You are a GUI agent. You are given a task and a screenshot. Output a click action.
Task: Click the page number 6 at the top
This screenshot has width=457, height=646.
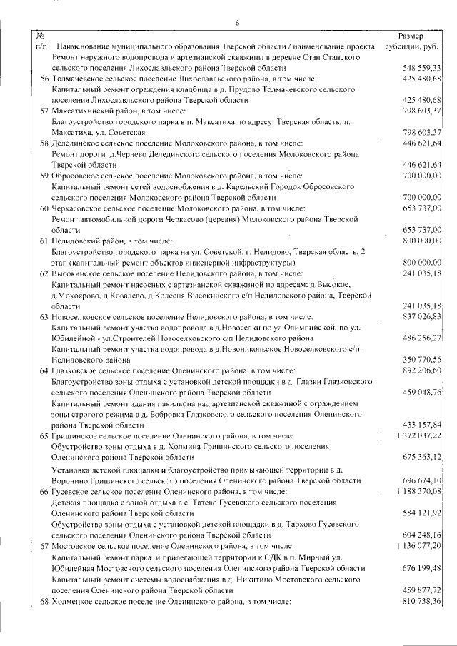tap(237, 24)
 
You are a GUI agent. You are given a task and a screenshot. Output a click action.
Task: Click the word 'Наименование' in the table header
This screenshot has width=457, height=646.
tap(81, 46)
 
